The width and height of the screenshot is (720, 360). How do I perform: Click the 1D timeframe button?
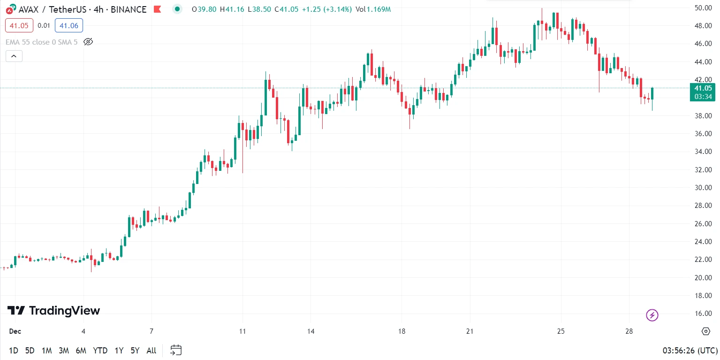coord(14,351)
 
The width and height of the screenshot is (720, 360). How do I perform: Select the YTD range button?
coord(100,351)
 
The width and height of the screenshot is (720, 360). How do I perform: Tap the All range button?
coord(151,351)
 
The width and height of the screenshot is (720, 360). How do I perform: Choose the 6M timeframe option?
coord(81,351)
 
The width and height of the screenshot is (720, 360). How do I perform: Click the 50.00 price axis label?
coord(704,8)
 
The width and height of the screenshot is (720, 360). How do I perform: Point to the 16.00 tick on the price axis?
coord(704,314)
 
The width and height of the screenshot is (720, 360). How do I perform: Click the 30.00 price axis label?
coord(704,188)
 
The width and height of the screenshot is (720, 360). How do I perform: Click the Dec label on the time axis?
coord(15,331)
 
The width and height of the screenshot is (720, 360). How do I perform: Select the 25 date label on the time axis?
coord(561,331)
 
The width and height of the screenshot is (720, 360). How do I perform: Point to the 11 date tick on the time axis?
coord(243,331)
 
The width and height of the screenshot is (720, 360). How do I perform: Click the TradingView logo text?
coord(54,311)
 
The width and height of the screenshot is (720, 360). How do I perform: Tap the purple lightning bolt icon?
coord(652,315)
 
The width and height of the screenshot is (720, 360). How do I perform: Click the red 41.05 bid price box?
coord(19,25)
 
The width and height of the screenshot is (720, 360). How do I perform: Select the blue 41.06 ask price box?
coord(68,25)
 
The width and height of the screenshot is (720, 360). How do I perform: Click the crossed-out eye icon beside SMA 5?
coord(88,42)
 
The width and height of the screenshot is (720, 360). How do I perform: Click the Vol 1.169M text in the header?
coord(373,9)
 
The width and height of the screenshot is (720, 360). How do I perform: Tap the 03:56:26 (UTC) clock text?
coord(690,351)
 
